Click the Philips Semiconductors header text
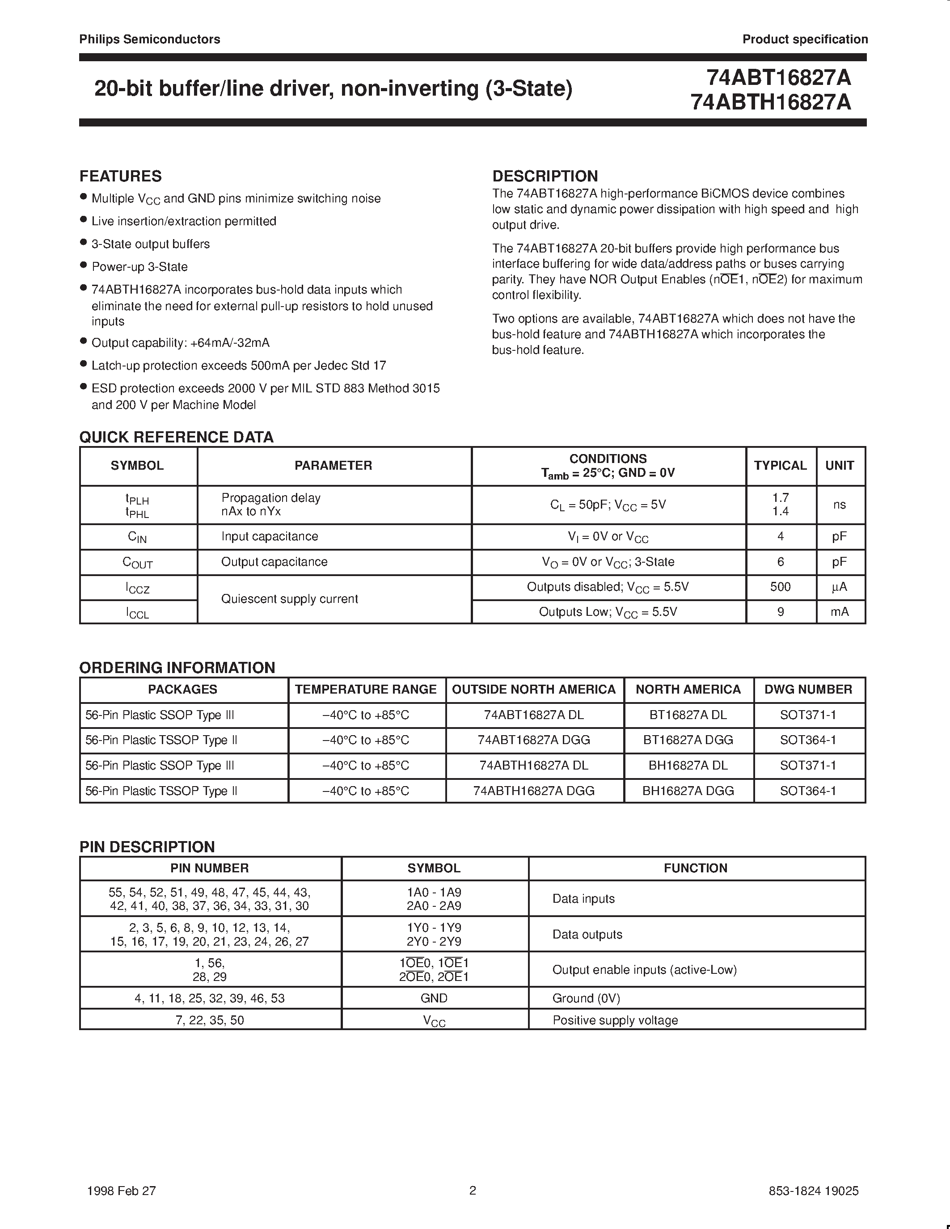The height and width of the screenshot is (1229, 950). pyautogui.click(x=150, y=39)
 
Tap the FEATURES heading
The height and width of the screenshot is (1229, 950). pyautogui.click(x=120, y=176)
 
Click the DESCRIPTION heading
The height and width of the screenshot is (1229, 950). pyautogui.click(x=545, y=176)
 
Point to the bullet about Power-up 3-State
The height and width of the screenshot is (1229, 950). pyautogui.click(x=139, y=267)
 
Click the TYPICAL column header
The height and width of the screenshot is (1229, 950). pyautogui.click(x=780, y=465)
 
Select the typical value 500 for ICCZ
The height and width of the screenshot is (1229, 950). pyautogui.click(x=780, y=587)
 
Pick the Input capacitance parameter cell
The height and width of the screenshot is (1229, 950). pyautogui.click(x=270, y=536)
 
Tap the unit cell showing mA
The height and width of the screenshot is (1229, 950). pyautogui.click(x=839, y=612)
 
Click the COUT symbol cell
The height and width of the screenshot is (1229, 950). pyautogui.click(x=138, y=562)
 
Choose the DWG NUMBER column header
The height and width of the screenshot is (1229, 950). pyautogui.click(x=808, y=689)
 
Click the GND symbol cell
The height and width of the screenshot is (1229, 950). pyautogui.click(x=434, y=998)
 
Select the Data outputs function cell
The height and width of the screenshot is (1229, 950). pyautogui.click(x=587, y=934)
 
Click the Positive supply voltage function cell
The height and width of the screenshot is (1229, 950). pyautogui.click(x=615, y=1020)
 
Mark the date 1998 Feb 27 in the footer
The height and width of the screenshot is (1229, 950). pyautogui.click(x=122, y=1191)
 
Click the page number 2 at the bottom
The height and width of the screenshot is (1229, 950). pyautogui.click(x=473, y=1190)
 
